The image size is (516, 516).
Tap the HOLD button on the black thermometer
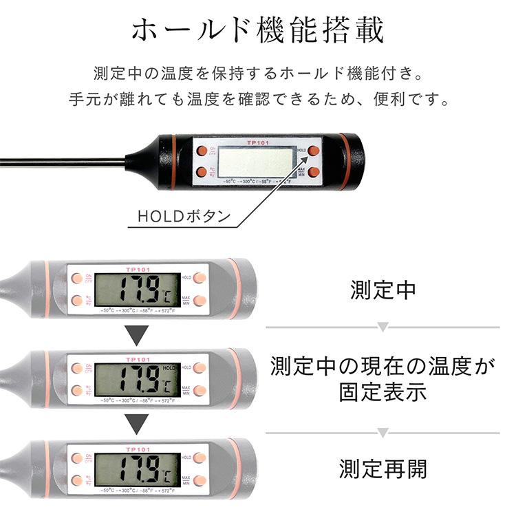[x=314, y=150]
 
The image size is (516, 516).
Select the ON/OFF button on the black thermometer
[x=202, y=151]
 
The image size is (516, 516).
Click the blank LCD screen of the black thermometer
[x=254, y=162]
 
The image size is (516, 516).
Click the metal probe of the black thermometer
[x=62, y=162]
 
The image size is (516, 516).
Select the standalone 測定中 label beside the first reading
[x=383, y=290]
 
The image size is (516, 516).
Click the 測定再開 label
[x=383, y=469]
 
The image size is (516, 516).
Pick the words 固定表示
[x=383, y=392]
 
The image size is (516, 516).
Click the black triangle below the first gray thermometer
[x=140, y=336]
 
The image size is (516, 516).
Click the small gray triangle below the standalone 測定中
[x=383, y=327]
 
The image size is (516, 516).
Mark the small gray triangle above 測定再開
[x=383, y=433]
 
